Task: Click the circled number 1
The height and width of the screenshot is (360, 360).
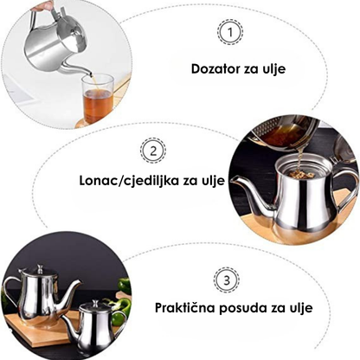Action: [x=230, y=32]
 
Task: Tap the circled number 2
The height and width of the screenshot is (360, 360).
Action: [x=153, y=151]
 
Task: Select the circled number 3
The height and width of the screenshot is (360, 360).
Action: [x=227, y=280]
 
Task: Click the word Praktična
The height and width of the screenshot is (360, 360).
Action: [x=184, y=307]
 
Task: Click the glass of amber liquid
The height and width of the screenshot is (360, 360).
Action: [x=98, y=99]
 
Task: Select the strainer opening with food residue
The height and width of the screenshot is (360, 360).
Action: [x=298, y=172]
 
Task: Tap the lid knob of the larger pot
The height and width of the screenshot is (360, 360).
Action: [x=40, y=267]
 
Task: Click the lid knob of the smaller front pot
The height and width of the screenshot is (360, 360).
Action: [x=94, y=303]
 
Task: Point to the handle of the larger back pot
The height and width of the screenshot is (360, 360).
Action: [x=11, y=292]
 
